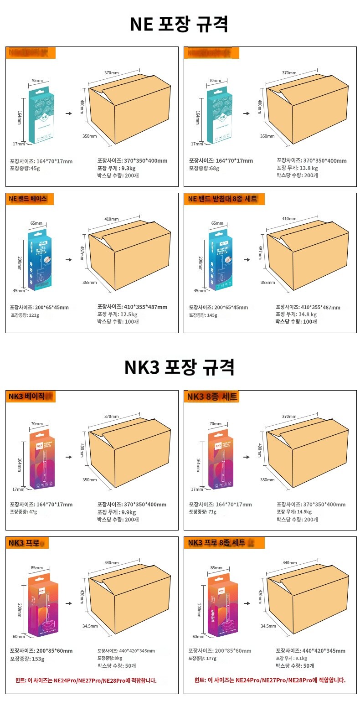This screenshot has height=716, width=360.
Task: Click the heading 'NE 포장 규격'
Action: [179, 24]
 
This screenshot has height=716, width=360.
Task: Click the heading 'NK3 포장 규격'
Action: [179, 367]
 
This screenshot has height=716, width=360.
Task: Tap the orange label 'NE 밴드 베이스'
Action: [28, 199]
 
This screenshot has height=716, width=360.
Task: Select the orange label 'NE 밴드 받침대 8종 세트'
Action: [223, 199]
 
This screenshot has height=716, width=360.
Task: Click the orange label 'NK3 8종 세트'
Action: [212, 397]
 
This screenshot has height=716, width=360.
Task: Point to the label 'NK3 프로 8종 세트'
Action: [217, 543]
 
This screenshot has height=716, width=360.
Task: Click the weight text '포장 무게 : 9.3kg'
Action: [116, 168]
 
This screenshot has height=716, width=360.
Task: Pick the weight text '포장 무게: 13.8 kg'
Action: [297, 168]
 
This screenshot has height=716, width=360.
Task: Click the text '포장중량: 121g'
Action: [25, 315]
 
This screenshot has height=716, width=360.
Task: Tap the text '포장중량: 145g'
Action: [203, 315]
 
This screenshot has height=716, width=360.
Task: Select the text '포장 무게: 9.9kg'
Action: [117, 512]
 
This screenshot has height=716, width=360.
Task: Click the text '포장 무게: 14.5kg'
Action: [294, 512]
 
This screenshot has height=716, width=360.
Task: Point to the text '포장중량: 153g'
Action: [27, 659]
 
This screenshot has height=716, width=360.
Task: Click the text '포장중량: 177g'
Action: [203, 659]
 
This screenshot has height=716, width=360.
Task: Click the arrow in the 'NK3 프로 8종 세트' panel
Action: [247, 603]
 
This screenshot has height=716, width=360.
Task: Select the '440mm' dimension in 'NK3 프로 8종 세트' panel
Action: [290, 563]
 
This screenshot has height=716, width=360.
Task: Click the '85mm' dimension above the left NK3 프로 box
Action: [37, 568]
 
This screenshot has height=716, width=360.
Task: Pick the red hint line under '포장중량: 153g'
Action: [86, 680]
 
